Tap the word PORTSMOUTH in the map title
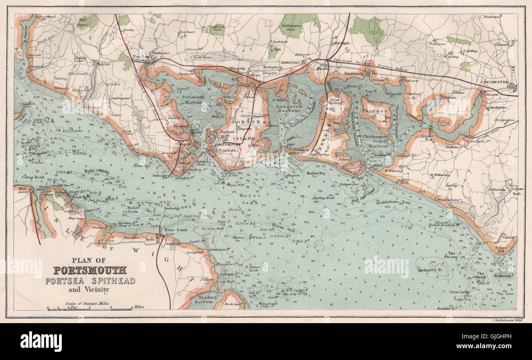[x=90, y=270]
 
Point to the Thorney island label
[x=374, y=111]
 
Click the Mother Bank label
[x=134, y=210]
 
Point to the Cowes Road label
[x=29, y=177]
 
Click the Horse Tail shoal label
[x=282, y=226]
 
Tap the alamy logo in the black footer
[x=41, y=341]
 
